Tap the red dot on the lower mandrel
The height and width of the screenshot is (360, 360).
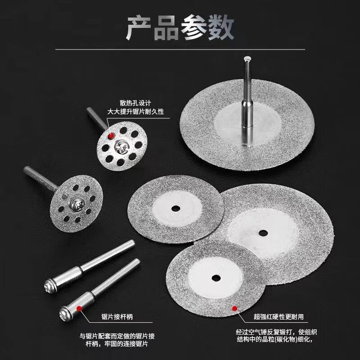pyautogui.click(x=80, y=307)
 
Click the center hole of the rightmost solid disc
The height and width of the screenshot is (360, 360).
pyautogui.click(x=262, y=233)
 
